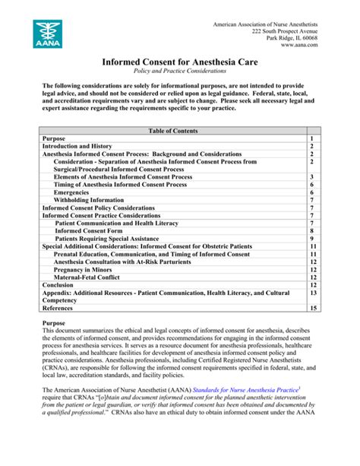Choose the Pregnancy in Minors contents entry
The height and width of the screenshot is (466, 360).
tap(84, 269)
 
